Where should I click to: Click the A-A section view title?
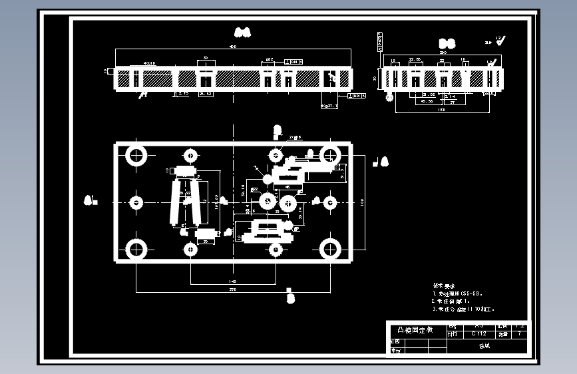pos(242,31)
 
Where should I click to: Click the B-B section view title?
pos(447,43)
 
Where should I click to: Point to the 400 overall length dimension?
pos(232,47)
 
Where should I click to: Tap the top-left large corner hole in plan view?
pos(137,155)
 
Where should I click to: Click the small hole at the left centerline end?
pos(137,202)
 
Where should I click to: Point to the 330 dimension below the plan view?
pos(233,290)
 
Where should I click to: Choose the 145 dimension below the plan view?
pos(232,281)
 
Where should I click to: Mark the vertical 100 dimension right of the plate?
pos(361,201)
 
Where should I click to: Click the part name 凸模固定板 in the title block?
pos(415,330)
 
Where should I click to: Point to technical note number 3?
pos(463,309)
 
